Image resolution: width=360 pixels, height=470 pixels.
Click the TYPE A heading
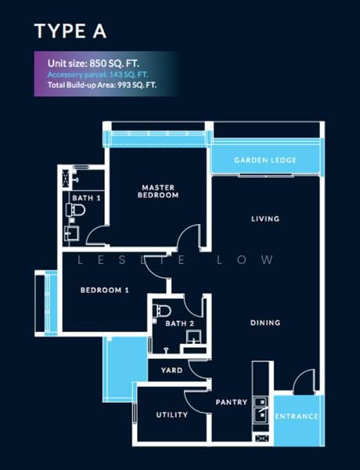click(x=70, y=31)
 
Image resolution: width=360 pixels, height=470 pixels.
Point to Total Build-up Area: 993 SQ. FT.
click(x=102, y=83)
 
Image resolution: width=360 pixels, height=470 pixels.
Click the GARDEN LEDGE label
click(x=265, y=161)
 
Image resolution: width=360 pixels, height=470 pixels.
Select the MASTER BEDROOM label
click(x=158, y=191)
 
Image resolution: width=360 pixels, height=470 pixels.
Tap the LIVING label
click(x=265, y=219)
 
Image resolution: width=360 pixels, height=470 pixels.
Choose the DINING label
click(x=265, y=323)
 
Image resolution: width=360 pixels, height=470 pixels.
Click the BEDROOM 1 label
click(x=104, y=291)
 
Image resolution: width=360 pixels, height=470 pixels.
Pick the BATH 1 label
click(x=86, y=198)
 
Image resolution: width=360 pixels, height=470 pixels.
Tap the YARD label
click(x=171, y=371)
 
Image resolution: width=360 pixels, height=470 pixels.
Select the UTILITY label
click(x=171, y=414)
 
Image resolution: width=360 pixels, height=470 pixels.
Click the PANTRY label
click(x=232, y=402)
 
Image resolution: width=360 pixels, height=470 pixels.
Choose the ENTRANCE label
click(x=298, y=416)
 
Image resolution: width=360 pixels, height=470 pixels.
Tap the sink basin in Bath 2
click(x=193, y=338)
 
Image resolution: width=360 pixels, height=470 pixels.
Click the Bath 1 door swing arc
click(x=95, y=236)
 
